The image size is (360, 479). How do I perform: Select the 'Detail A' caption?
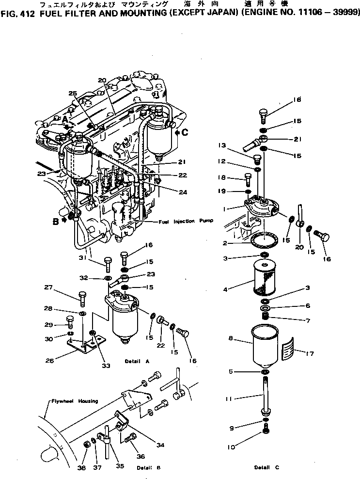coord(136,361)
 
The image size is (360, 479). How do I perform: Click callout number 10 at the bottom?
coord(231,447)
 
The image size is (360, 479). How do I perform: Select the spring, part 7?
coord(265,317)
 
